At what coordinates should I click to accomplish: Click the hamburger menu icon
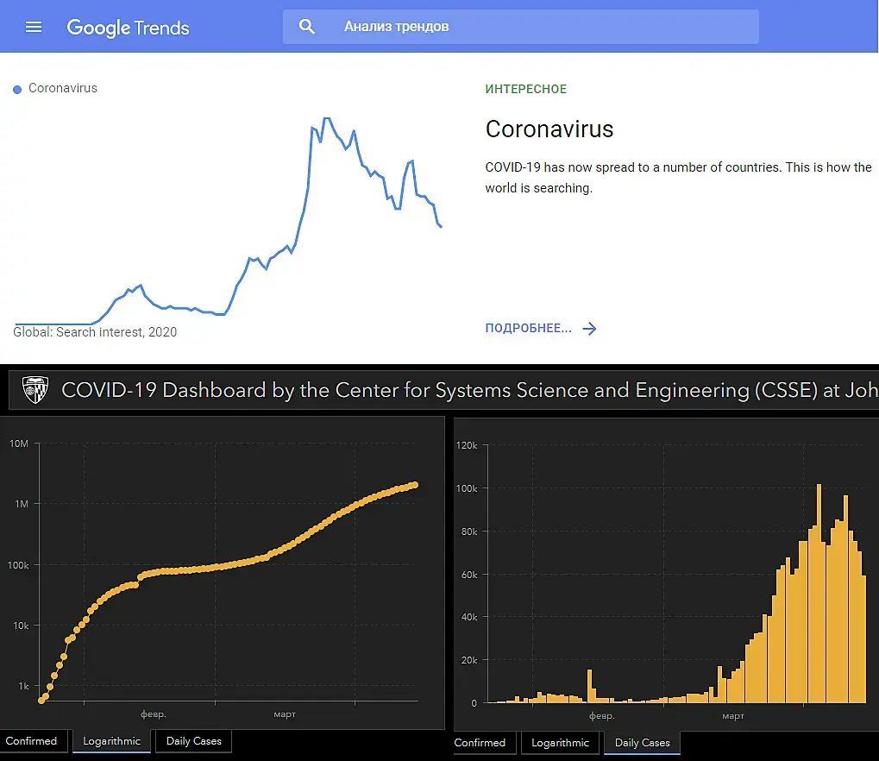[x=34, y=27]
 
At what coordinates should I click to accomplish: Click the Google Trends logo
[x=128, y=27]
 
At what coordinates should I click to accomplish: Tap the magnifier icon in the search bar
[x=307, y=27]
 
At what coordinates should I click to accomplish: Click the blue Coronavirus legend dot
[x=17, y=90]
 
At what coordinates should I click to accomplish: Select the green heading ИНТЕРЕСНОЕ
[x=525, y=89]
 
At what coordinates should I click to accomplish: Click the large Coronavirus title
[x=549, y=129]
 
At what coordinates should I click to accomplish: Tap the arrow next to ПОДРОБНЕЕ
[x=590, y=329]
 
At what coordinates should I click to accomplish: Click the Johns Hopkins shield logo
[x=35, y=390]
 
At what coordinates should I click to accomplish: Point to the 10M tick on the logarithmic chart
[x=19, y=443]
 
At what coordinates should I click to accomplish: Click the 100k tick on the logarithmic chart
[x=17, y=565]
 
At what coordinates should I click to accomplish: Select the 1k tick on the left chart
[x=22, y=687]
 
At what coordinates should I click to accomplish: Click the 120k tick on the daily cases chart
[x=467, y=446]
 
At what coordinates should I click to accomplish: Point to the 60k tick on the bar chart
[x=469, y=575]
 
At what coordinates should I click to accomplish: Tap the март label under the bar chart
[x=733, y=716]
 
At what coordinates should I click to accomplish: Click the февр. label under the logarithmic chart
[x=153, y=714]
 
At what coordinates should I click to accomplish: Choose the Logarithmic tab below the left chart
[x=111, y=741]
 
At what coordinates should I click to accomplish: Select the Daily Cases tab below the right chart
[x=642, y=743]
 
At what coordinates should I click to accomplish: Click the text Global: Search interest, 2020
[x=95, y=332]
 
